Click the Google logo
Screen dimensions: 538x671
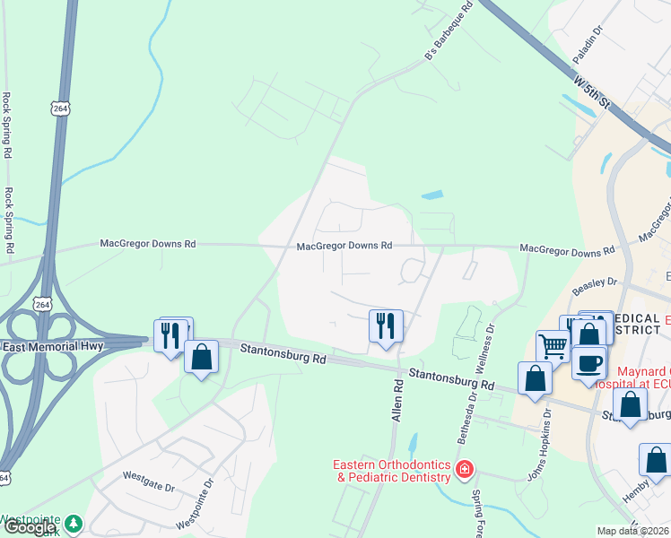click(29, 528)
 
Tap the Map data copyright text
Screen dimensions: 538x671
click(633, 531)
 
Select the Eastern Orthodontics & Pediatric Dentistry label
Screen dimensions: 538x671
click(392, 471)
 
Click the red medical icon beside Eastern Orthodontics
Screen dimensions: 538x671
click(465, 469)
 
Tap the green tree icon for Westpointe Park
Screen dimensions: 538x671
click(74, 522)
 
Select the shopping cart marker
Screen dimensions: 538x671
click(553, 345)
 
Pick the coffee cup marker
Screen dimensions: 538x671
click(590, 362)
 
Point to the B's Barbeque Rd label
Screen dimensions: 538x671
click(448, 35)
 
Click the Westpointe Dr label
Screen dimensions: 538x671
click(196, 504)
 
